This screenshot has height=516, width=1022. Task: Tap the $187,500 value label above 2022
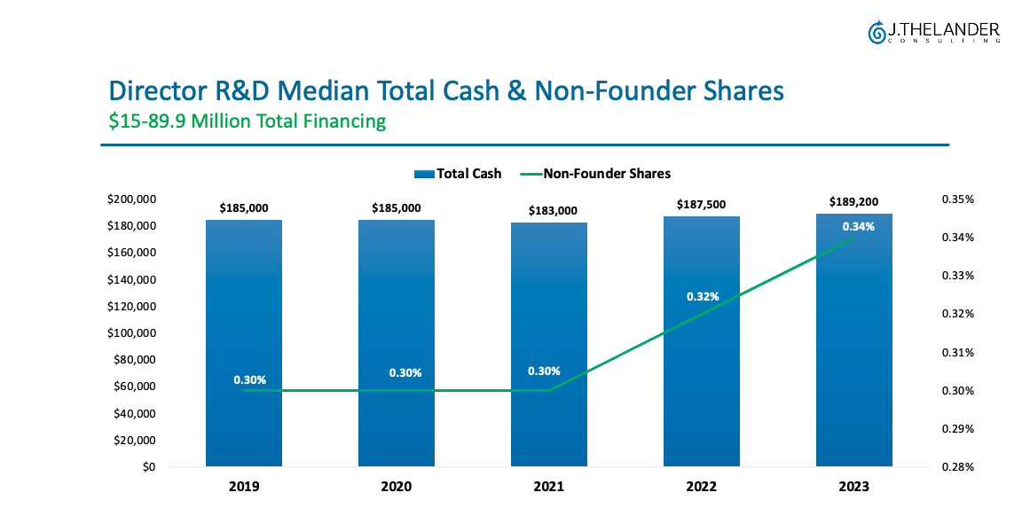pyautogui.click(x=702, y=205)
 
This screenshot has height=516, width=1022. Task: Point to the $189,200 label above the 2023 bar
pyautogui.click(x=854, y=201)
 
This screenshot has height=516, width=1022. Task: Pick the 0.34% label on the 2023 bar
pyautogui.click(x=858, y=226)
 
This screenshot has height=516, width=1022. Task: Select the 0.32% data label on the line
pyautogui.click(x=702, y=297)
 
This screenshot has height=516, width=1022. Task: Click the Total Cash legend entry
pyautogui.click(x=458, y=174)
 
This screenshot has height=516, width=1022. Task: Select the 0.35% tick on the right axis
pyautogui.click(x=957, y=199)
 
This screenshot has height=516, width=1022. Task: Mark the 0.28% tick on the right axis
pyautogui.click(x=957, y=467)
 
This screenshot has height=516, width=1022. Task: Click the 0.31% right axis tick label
pyautogui.click(x=957, y=353)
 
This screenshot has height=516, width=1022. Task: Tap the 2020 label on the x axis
pyautogui.click(x=397, y=487)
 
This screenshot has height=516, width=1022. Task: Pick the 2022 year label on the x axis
pyautogui.click(x=702, y=487)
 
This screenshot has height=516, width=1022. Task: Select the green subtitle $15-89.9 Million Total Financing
pyautogui.click(x=248, y=121)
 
